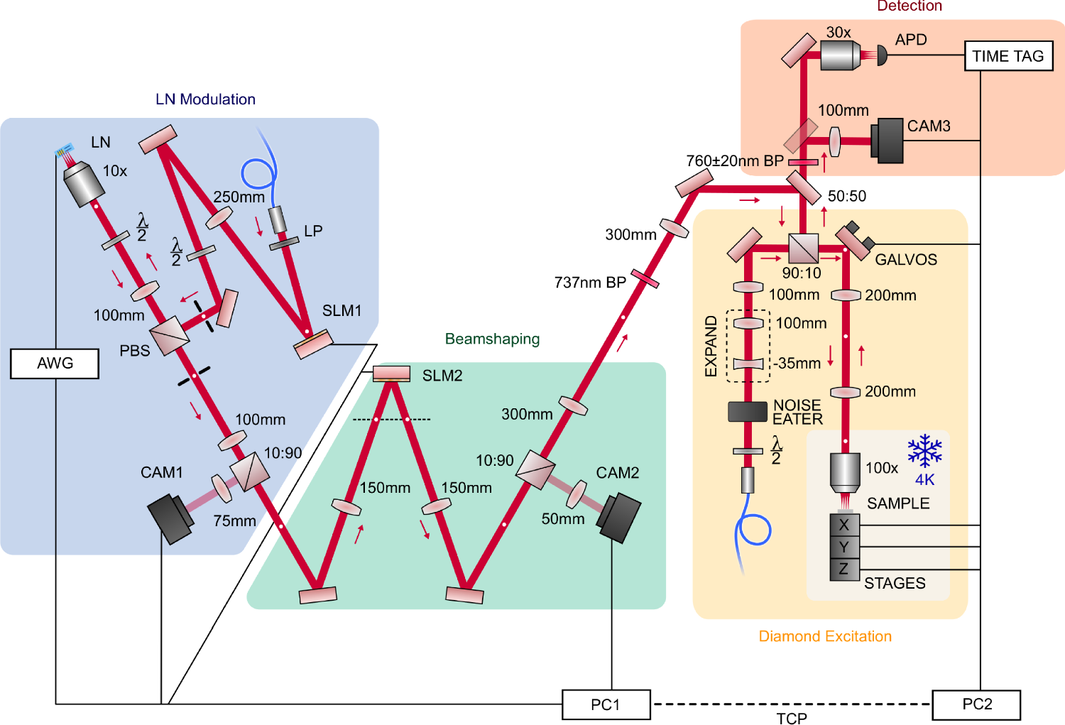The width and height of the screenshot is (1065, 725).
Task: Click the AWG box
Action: [55, 364]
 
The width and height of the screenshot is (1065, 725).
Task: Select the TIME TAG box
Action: [1007, 56]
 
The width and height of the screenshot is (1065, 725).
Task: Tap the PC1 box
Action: [606, 704]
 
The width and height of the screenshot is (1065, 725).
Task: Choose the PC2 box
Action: [976, 704]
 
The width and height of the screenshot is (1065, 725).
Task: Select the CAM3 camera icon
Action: [887, 141]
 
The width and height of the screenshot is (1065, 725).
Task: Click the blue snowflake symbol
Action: [924, 451]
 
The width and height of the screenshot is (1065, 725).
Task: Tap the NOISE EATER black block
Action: [748, 412]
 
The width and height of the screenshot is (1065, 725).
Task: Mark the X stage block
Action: [845, 525]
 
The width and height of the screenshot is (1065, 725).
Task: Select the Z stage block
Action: [845, 569]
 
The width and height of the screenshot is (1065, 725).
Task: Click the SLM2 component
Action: [391, 374]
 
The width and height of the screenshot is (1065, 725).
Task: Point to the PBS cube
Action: [170, 334]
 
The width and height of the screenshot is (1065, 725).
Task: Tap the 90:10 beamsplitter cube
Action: [804, 249]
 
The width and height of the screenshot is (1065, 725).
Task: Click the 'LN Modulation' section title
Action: [205, 99]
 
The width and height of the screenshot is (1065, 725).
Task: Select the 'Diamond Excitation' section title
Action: [825, 636]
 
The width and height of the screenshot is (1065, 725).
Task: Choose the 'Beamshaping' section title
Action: [492, 339]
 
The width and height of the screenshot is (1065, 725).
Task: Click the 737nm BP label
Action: [590, 283]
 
